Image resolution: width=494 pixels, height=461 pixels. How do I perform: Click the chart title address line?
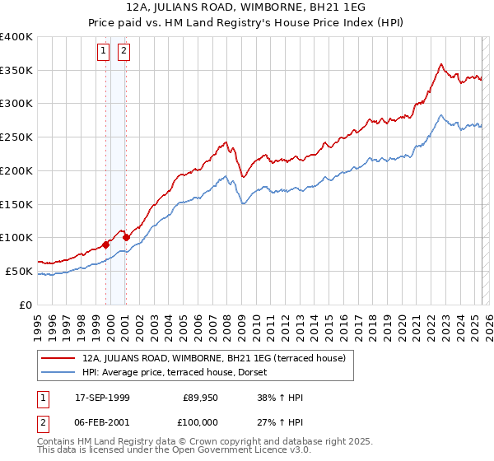(x=247, y=7)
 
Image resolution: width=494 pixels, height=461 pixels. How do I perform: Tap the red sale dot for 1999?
(x=106, y=244)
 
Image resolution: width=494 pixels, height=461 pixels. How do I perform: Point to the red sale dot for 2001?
(x=126, y=238)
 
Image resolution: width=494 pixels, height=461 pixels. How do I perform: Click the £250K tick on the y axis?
(x=16, y=137)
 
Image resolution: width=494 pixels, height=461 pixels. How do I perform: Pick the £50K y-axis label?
(x=20, y=271)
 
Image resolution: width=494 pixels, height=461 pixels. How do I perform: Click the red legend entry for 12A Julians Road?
(x=219, y=358)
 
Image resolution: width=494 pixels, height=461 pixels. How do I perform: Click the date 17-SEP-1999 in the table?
(x=102, y=398)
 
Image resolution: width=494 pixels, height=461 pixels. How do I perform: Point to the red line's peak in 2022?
(x=442, y=64)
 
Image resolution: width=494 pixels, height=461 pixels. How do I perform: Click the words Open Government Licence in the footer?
(x=247, y=451)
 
